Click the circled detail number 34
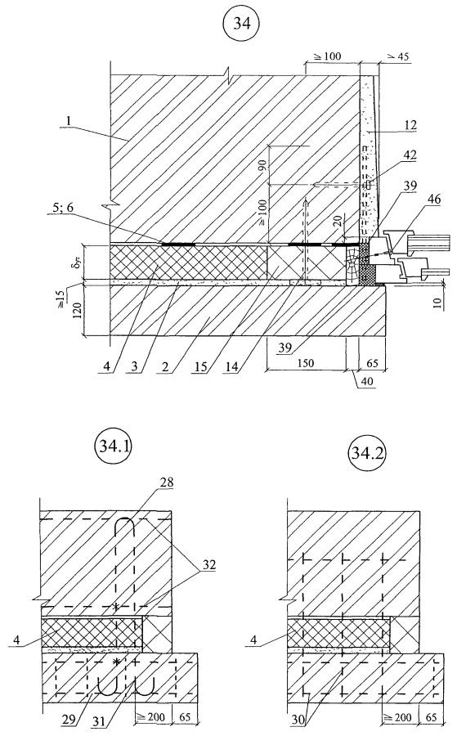click(x=241, y=24)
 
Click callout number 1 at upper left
click(x=69, y=121)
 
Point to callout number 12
click(x=410, y=125)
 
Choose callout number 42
click(x=410, y=155)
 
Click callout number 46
click(x=433, y=199)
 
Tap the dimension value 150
click(x=305, y=363)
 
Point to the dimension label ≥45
click(x=397, y=56)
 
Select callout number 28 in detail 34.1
click(x=166, y=482)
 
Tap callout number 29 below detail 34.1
click(x=69, y=719)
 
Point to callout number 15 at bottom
click(x=200, y=366)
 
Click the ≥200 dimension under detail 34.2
click(x=397, y=716)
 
